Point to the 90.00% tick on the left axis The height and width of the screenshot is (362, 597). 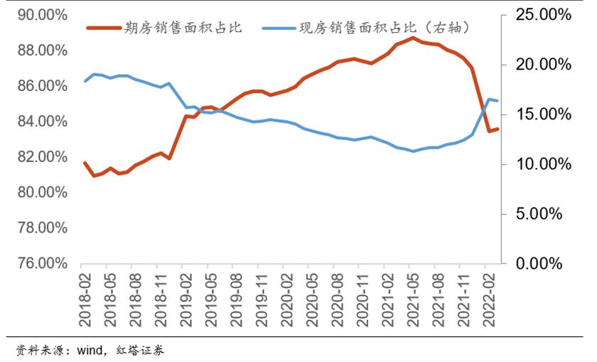pos(42,15)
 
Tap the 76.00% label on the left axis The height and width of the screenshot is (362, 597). pos(42,264)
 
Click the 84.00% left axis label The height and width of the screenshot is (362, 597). pos(42,122)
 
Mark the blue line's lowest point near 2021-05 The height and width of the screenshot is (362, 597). pos(413,151)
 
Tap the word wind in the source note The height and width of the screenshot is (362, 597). pos(91,350)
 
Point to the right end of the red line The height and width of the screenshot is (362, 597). pos(497,129)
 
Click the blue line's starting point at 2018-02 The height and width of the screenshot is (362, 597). pos(85,81)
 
